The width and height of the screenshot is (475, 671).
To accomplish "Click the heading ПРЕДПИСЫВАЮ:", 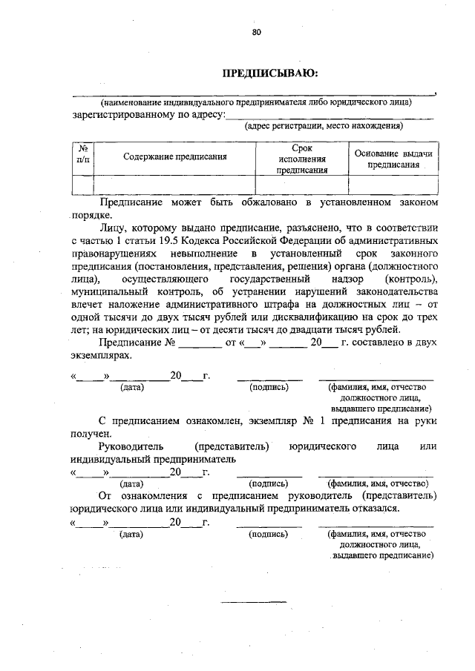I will (x=270, y=73).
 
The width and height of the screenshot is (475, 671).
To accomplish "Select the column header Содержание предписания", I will (x=174, y=156).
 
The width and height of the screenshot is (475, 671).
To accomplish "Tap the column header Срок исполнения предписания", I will (x=302, y=159).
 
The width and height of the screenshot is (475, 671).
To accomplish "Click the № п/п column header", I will (x=83, y=153).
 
